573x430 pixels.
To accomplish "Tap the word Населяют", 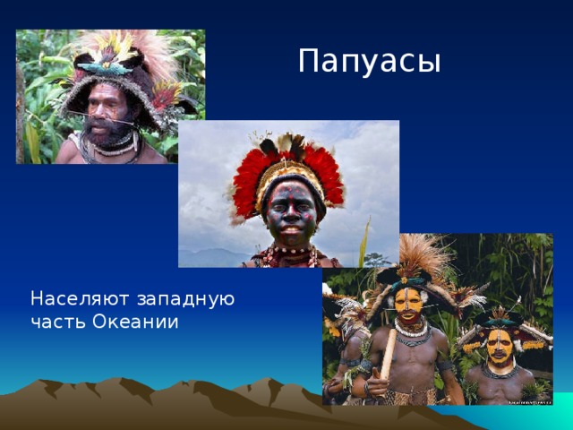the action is [80, 298].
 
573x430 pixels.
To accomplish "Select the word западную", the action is [186, 300].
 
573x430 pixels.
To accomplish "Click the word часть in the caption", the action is [57, 322].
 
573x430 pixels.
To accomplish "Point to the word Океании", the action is [135, 322].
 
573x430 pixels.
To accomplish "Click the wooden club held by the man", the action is [388, 354].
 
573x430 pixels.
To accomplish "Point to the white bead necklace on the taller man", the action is [412, 329].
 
